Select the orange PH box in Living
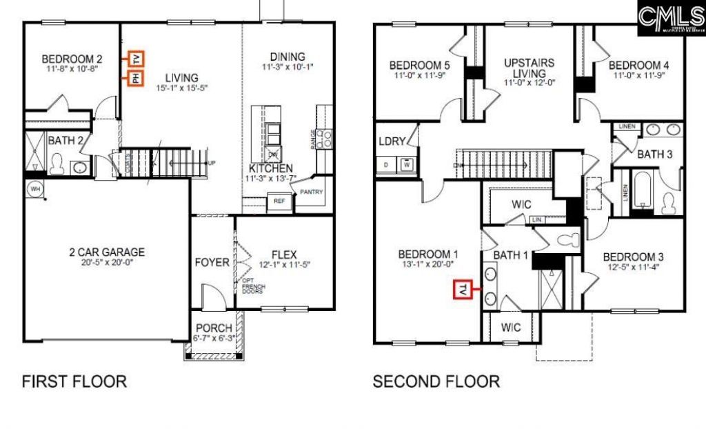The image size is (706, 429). [x=135, y=79]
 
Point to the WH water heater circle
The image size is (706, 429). [x=34, y=188]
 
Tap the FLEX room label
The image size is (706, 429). [x=283, y=253]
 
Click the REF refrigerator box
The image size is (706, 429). [x=279, y=201]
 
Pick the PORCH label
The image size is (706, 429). [x=214, y=328]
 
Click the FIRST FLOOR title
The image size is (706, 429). [x=74, y=381]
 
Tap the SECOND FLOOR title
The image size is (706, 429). [x=436, y=381]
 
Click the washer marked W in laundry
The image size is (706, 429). [x=407, y=165]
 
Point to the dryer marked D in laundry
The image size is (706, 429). [x=386, y=165]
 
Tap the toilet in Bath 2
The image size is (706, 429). [x=57, y=165]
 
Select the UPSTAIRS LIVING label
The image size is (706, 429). [x=529, y=68]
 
